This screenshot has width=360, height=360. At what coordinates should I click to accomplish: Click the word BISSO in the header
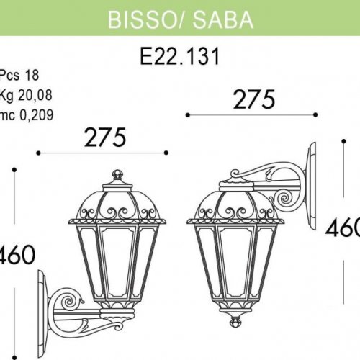[x=138, y=20]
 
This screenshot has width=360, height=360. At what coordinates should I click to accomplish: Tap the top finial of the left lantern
[x=119, y=176]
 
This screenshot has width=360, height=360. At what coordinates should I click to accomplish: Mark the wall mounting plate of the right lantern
[x=312, y=187]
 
